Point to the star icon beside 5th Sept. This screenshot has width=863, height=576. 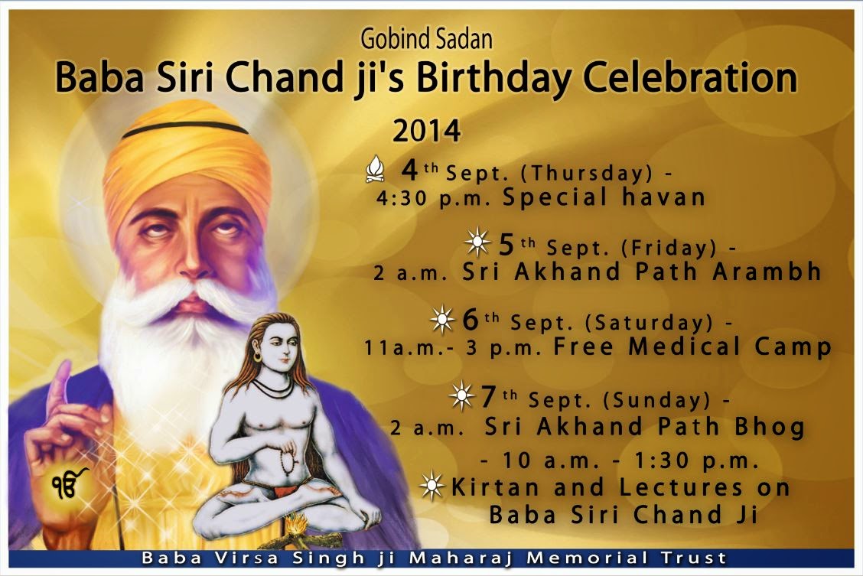tap(477, 244)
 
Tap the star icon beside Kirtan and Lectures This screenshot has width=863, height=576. tap(432, 486)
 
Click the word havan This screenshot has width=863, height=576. tap(666, 197)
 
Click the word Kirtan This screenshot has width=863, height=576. tap(491, 487)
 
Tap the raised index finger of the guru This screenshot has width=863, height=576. tap(60, 382)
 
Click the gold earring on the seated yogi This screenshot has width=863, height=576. tap(256, 356)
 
